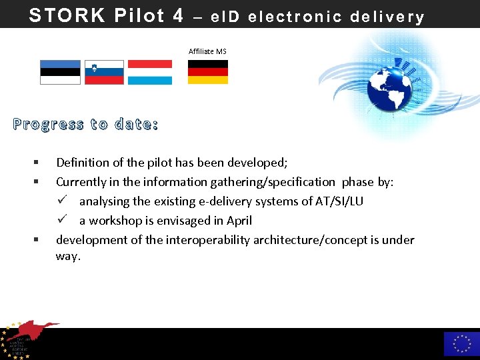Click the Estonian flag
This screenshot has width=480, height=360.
60,72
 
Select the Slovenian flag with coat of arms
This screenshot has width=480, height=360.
104,72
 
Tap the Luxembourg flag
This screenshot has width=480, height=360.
149,72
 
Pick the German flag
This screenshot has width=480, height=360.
207,72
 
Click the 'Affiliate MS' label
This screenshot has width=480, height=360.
207,51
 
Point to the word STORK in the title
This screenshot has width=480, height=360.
67,15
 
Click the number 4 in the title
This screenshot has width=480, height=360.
177,15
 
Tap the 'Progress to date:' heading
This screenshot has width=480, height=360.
85,125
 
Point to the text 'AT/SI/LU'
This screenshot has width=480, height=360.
339,201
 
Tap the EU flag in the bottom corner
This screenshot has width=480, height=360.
461,343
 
